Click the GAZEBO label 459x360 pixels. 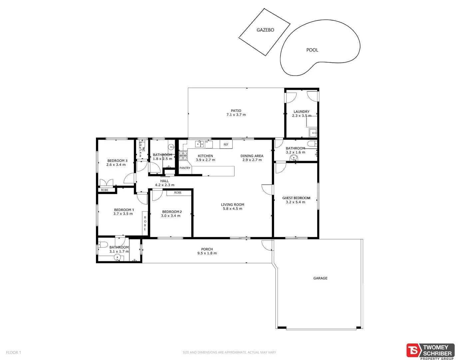coord(265,30)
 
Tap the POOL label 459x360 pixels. coord(312,50)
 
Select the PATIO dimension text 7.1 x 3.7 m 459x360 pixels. coord(236,115)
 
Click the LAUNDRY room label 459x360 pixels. coord(301,112)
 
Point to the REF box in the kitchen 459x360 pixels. coord(226,144)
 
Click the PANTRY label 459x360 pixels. coord(185,168)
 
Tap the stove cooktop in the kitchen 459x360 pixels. coord(183,156)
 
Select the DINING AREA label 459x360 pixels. coord(252,156)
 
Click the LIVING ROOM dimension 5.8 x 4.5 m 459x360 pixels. coord(232,209)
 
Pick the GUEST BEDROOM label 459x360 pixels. coord(296,198)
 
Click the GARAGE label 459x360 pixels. coord(320,278)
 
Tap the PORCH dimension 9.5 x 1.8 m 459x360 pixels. coord(207,253)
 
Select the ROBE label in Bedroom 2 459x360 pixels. coord(178,193)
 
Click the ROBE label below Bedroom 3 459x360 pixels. coord(105,190)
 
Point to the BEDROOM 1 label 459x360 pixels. coord(124,210)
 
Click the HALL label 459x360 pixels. coord(164,181)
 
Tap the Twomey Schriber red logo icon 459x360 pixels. coord(413,350)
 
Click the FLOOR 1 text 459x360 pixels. coord(13,352)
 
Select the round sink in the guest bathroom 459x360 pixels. coord(294,158)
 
